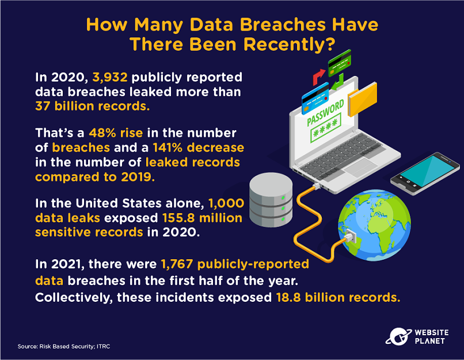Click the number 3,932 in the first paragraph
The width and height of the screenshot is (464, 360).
click(110, 77)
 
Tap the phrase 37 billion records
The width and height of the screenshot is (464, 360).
click(92, 106)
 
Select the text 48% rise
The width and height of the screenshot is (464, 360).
click(116, 133)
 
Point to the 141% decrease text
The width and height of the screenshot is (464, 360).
click(198, 147)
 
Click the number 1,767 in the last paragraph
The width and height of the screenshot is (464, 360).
click(177, 264)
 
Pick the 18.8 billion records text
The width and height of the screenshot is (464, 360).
click(338, 298)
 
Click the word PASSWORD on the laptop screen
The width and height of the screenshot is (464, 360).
click(325, 113)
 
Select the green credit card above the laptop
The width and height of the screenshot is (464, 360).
click(340, 63)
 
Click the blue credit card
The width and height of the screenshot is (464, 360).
click(315, 99)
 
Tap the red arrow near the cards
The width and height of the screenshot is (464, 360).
click(319, 77)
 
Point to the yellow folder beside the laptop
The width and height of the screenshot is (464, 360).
click(362, 99)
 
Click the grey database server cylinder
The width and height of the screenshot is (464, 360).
click(271, 200)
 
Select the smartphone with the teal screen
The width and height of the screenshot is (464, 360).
click(425, 173)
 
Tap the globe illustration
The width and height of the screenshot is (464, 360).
click(374, 225)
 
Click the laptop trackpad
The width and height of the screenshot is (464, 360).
click(362, 166)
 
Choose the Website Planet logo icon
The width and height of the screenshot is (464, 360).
click(398, 336)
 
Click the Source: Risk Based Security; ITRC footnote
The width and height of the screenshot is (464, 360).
click(64, 346)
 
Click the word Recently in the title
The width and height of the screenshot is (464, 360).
click(289, 44)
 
